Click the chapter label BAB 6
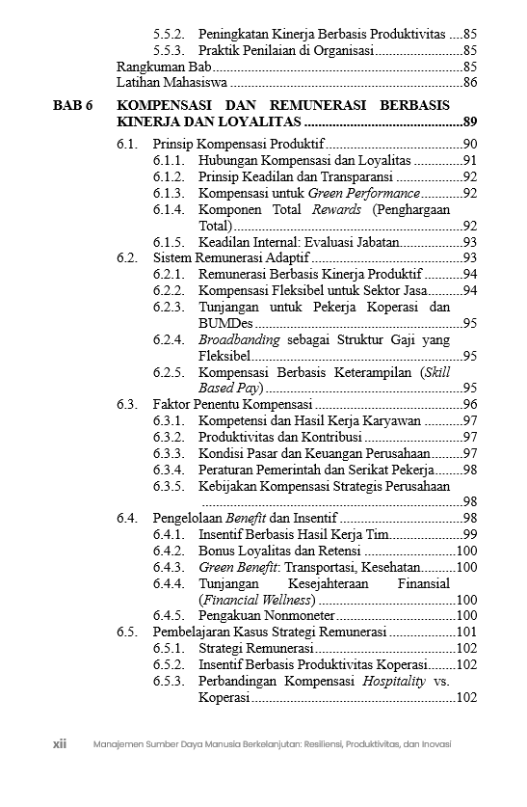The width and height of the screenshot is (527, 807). pos(72,104)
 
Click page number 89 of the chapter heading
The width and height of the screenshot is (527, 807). pos(470,122)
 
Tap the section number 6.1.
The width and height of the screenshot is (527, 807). pos(127,144)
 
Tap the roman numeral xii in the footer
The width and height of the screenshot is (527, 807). pos(59,744)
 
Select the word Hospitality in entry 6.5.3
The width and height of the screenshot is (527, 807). pos(394,681)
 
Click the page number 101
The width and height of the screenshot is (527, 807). pos(467,632)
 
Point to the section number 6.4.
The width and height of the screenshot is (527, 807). pos(127,518)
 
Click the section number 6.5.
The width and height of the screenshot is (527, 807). pos(127,632)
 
